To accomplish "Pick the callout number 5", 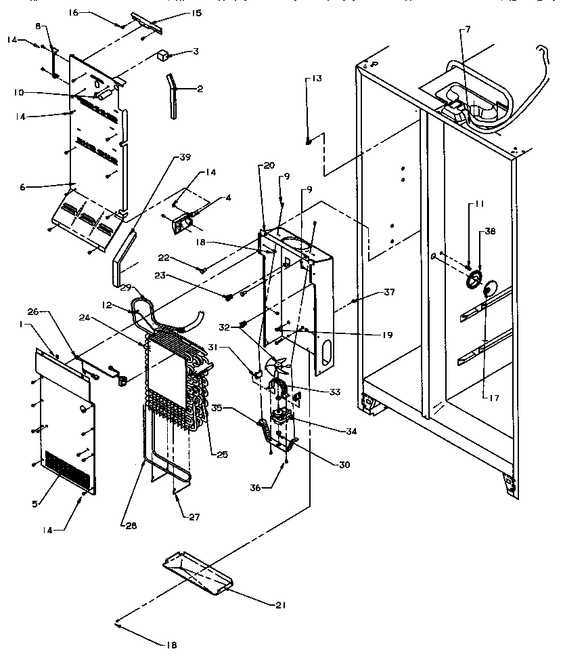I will coord(38,503).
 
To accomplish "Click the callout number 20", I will coord(268,165).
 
